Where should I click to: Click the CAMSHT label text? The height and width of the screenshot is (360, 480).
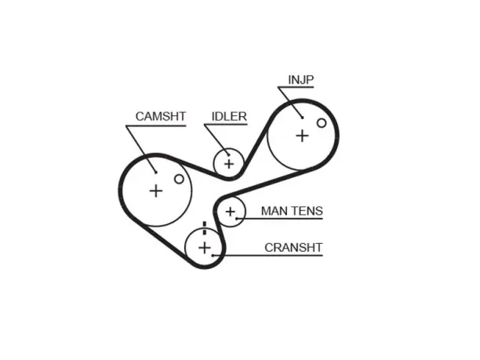tap(161, 116)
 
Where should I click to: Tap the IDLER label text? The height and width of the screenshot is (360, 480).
tap(229, 116)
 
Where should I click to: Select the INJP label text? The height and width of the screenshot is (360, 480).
tap(301, 79)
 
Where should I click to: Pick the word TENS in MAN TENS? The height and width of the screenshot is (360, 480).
tap(307, 211)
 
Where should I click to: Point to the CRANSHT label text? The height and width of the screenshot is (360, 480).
tap(293, 247)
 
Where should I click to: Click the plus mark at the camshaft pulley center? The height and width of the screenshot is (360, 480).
tap(156, 191)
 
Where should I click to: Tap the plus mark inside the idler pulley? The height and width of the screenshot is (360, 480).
tap(229, 164)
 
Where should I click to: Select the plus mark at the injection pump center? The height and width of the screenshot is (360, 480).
tap(302, 136)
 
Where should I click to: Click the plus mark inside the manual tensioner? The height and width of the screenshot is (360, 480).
tap(231, 212)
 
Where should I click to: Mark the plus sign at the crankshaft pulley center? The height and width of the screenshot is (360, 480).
tap(205, 248)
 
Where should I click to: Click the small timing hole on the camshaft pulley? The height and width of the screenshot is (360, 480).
tap(179, 179)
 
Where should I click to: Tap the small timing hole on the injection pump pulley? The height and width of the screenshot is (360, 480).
tap(322, 123)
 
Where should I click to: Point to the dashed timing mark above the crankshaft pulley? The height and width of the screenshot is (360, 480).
tap(205, 228)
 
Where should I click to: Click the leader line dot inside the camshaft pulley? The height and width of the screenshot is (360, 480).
tap(156, 173)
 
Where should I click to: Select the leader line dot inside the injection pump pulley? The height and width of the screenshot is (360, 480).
tap(302, 118)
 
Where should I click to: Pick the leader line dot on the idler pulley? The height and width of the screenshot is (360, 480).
tap(228, 155)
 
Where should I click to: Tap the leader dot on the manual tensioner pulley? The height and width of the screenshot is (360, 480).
tap(237, 219)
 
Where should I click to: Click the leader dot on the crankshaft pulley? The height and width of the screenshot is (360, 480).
tap(213, 256)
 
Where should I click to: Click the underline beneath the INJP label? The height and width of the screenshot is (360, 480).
tap(296, 87)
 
